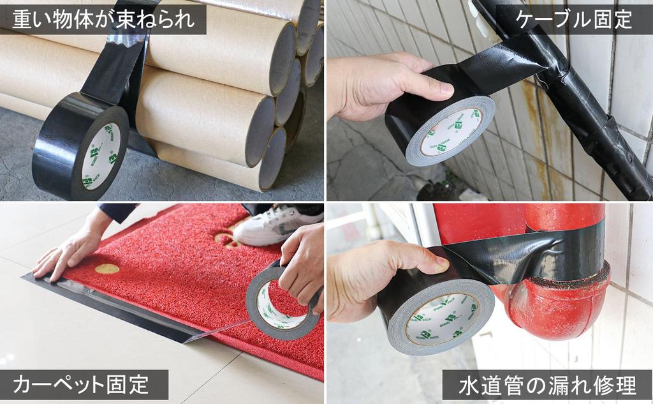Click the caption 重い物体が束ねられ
pos(103,19)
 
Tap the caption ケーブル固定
pos(574,19)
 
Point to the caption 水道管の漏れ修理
pos(547,385)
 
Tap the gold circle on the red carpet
pos(107,269)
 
